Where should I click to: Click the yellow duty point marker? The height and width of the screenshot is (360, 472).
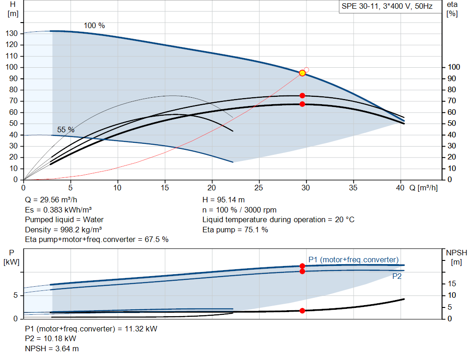(x=302, y=73)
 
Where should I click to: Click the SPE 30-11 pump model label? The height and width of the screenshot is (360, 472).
(x=387, y=6)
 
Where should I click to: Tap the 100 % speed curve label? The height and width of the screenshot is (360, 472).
(x=94, y=26)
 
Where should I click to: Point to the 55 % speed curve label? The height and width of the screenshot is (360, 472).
(x=65, y=130)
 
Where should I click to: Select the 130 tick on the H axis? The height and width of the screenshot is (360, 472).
(x=12, y=33)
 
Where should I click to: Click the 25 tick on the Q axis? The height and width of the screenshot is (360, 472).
(x=259, y=188)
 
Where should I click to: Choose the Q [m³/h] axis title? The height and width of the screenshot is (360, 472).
(x=423, y=188)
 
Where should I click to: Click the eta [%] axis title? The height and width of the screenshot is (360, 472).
(x=452, y=9)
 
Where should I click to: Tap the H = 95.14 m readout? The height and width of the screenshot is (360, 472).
(x=224, y=200)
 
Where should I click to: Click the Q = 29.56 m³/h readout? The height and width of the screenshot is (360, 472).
(x=51, y=200)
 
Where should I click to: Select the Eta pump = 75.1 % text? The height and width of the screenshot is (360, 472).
(x=235, y=230)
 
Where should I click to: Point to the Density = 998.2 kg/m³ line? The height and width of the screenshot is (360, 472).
(x=63, y=230)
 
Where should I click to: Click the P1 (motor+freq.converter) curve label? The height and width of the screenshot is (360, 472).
(x=354, y=260)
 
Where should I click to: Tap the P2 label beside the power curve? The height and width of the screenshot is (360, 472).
(x=397, y=276)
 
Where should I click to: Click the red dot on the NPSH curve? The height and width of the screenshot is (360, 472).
(x=302, y=311)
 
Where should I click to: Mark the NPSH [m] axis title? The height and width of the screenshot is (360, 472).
(x=456, y=257)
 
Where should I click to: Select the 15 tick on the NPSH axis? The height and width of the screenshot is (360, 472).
(x=452, y=283)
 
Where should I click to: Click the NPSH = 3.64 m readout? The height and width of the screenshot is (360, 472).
(x=52, y=348)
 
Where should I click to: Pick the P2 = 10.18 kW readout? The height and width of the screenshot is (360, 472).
(x=51, y=339)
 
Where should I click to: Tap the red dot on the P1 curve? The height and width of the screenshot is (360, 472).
(x=302, y=266)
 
